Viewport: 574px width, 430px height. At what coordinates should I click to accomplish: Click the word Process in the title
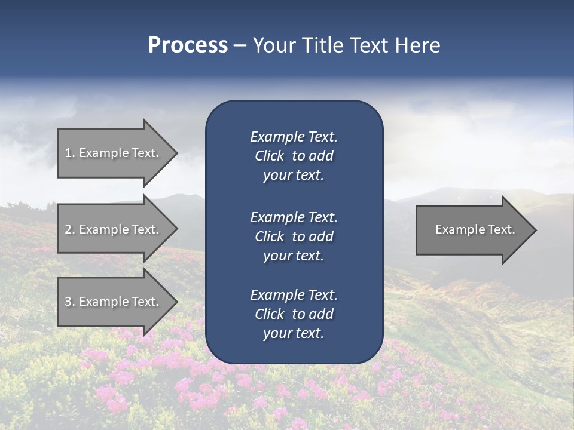[188, 45]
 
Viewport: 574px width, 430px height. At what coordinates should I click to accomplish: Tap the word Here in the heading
[417, 45]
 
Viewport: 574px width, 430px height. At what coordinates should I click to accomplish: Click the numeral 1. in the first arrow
[69, 153]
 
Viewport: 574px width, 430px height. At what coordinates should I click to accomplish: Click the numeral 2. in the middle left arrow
[69, 229]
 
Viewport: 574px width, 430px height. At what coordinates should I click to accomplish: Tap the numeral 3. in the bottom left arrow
[69, 302]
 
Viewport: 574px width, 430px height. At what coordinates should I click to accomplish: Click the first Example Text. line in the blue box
[294, 137]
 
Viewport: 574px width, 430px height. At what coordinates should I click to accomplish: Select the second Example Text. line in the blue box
[294, 217]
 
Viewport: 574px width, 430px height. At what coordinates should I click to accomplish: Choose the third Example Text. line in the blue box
[294, 294]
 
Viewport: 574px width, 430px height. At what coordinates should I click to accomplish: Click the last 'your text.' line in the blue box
[294, 333]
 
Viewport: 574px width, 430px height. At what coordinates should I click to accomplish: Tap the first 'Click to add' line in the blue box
[294, 156]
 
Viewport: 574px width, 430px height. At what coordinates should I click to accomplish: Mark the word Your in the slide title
[276, 45]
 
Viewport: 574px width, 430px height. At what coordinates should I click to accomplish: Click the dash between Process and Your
[239, 46]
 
